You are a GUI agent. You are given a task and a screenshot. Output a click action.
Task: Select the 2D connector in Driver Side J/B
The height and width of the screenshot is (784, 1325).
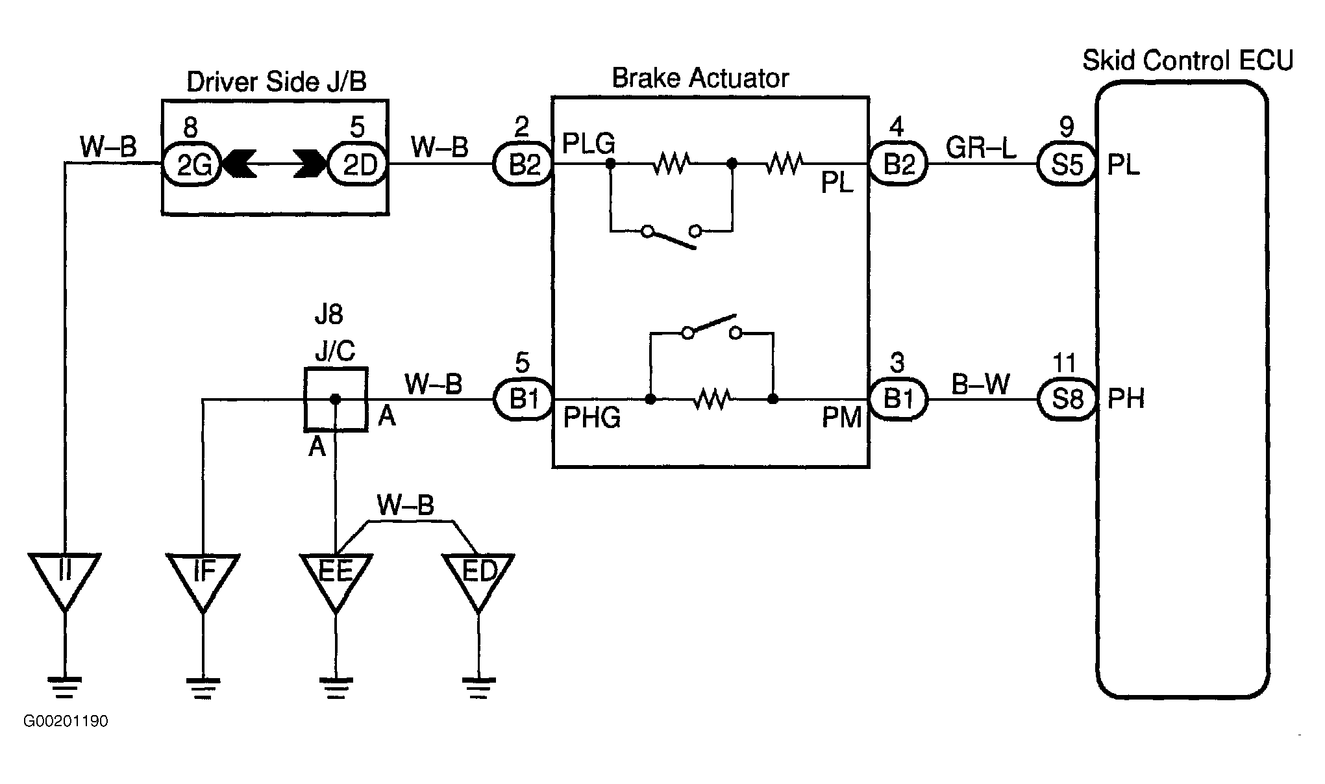click(x=359, y=164)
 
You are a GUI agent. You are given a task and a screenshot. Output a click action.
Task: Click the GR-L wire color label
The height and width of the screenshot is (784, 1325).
click(x=981, y=148)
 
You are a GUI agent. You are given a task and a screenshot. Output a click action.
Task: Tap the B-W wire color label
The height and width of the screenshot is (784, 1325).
click(x=980, y=384)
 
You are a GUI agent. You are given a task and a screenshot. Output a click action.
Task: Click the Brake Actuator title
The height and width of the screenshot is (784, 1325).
click(x=700, y=79)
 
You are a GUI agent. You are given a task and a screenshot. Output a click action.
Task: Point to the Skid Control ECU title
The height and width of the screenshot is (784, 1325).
click(x=1188, y=60)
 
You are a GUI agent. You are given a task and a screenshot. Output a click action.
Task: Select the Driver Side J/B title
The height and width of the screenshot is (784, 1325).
click(x=277, y=82)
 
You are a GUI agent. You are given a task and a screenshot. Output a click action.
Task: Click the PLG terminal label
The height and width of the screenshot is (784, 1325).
click(x=589, y=144)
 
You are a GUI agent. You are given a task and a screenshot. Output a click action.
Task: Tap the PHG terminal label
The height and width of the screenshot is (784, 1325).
click(x=592, y=418)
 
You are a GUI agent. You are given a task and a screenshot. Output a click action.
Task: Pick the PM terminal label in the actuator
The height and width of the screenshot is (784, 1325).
click(x=841, y=418)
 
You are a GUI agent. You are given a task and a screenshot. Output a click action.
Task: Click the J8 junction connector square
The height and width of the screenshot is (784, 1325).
click(x=336, y=399)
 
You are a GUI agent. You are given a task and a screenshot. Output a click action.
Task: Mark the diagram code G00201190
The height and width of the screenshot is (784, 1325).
click(x=66, y=722)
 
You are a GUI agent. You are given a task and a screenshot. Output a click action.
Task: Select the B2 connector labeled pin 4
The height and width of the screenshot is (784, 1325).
click(x=899, y=164)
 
